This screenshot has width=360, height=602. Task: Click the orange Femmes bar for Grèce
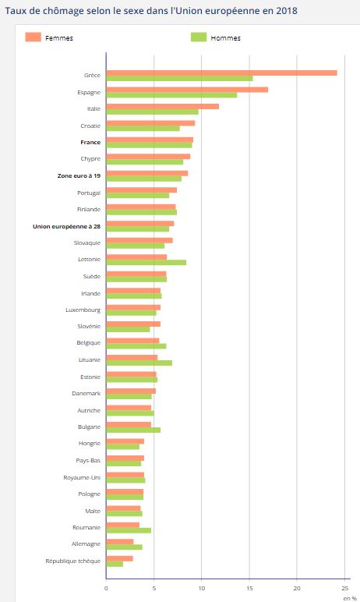(x=222, y=73)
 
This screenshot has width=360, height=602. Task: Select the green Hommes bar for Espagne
(x=171, y=95)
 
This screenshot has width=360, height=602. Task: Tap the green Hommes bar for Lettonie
(x=146, y=263)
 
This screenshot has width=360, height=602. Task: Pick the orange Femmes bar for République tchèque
(x=120, y=558)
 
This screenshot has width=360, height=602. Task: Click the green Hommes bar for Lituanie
(x=139, y=363)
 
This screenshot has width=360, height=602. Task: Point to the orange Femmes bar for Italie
(x=163, y=106)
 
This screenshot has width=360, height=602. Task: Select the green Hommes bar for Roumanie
(x=129, y=530)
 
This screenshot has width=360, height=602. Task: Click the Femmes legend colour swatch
(x=33, y=37)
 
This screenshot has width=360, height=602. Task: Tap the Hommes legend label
(x=226, y=38)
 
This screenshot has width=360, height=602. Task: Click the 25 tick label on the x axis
(x=344, y=588)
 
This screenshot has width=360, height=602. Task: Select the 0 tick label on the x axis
(x=106, y=588)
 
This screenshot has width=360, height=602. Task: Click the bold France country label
(x=90, y=142)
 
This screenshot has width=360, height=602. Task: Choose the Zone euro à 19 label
(x=79, y=175)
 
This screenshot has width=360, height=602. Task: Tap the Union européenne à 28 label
(x=66, y=226)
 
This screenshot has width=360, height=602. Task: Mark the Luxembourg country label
(x=83, y=310)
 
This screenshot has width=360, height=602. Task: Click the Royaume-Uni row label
(x=82, y=477)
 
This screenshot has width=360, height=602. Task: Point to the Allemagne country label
(x=86, y=544)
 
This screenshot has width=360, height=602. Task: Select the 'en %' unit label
(x=350, y=598)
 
